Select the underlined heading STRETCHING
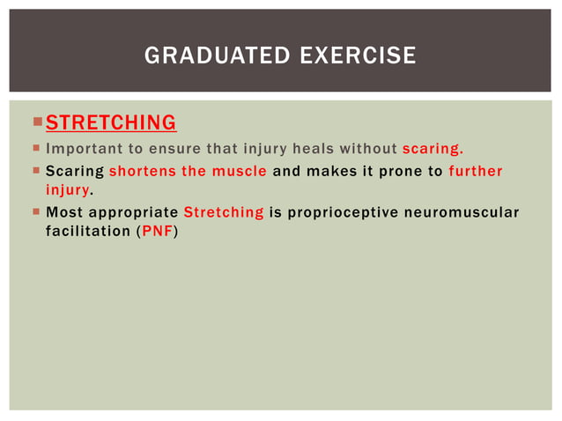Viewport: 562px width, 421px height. (x=110, y=122)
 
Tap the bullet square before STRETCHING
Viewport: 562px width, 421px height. (x=37, y=122)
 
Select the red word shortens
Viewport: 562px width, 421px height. (x=142, y=171)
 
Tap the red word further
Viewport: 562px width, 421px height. (x=475, y=171)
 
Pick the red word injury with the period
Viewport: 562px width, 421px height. (x=68, y=189)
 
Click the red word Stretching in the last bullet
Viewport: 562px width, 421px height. (x=223, y=212)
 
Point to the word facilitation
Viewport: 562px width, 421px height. (x=84, y=232)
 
